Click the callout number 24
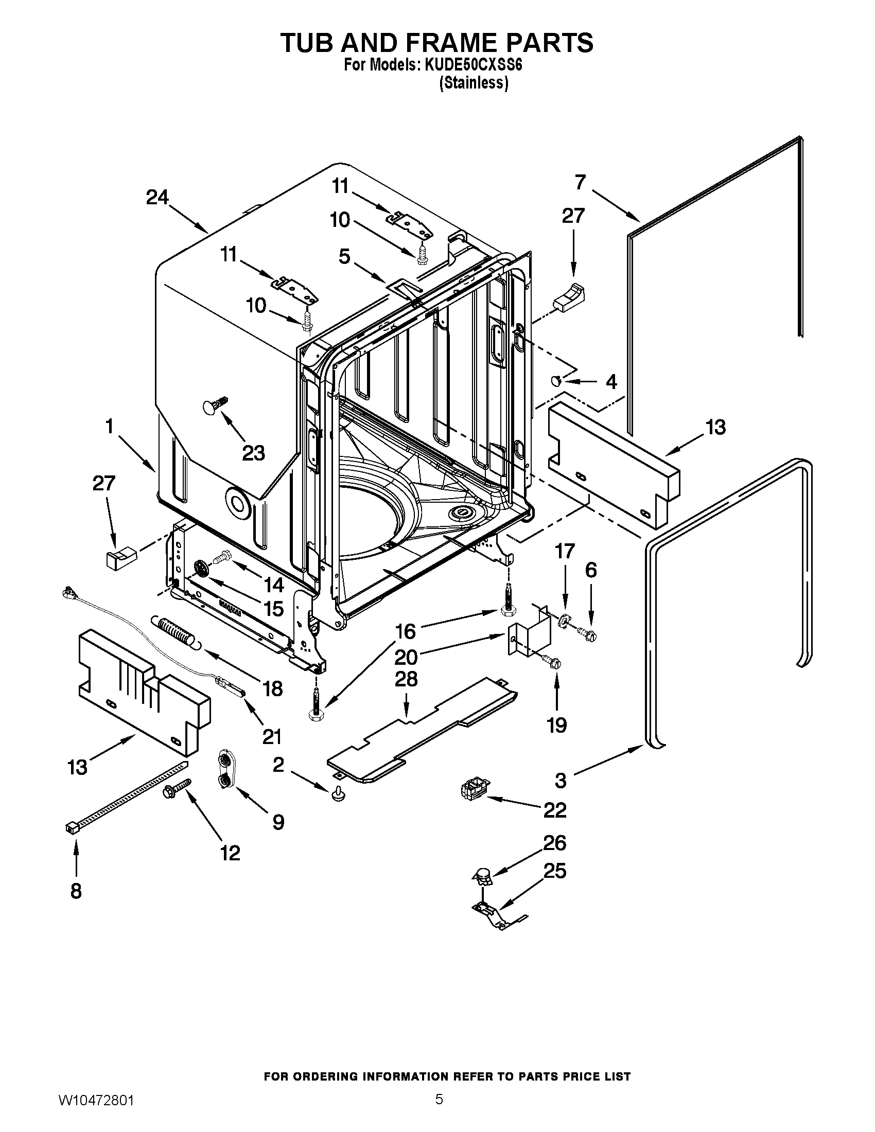[x=157, y=198]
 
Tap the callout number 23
[x=253, y=452]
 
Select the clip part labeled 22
[x=470, y=791]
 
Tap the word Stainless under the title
[x=473, y=83]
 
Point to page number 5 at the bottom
[x=439, y=1110]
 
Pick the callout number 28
[x=406, y=680]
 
